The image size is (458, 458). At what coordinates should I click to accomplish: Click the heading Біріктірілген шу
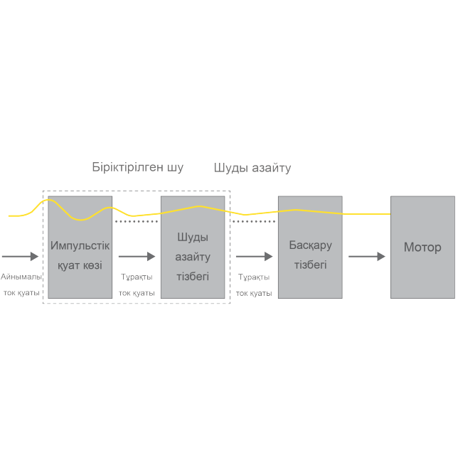pos(137,168)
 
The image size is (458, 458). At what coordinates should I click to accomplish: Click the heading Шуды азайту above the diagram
pos(252,168)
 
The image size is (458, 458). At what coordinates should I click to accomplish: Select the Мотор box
pos(422,247)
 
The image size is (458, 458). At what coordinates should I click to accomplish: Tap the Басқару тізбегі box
pos(309,247)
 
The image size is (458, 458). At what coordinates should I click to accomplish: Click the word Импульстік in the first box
pos(80,245)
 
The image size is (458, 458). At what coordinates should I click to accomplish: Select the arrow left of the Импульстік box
pos(21,256)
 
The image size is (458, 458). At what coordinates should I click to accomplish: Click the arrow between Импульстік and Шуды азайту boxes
pos(137,256)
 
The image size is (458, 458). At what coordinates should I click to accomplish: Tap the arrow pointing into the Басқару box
pos(254,256)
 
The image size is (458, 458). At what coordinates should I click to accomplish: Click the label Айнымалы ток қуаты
pos(21,284)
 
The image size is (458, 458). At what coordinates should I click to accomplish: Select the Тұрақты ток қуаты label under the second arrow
pos(137,284)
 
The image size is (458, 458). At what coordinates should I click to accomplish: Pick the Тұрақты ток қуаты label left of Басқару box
pos(254,284)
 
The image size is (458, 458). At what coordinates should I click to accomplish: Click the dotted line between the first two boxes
pos(137,222)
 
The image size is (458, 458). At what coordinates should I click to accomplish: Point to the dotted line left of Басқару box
pos(254,222)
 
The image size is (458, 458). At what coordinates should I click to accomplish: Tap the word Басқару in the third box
pos(310,245)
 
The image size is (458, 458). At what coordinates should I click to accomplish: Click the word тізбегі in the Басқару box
pos(310,265)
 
